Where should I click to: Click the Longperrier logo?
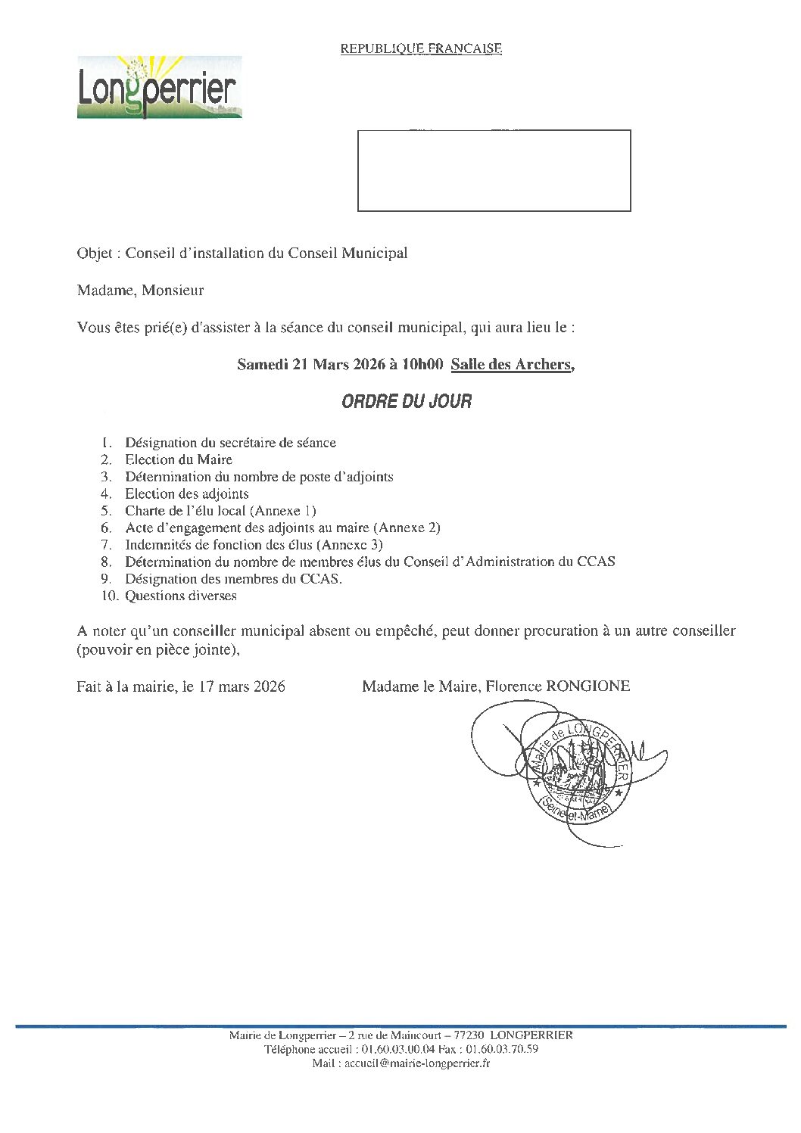click(x=159, y=87)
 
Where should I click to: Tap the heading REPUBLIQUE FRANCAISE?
click(x=421, y=48)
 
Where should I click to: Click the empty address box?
click(x=494, y=170)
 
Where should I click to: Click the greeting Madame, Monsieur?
click(x=140, y=290)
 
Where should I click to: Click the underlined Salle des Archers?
click(x=511, y=364)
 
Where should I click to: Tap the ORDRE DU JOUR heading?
click(x=407, y=402)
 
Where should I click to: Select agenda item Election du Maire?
click(x=179, y=459)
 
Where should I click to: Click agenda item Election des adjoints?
click(x=187, y=493)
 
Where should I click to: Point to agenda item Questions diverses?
click(x=181, y=596)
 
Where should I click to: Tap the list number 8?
click(x=106, y=562)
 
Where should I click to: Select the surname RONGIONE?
click(x=588, y=686)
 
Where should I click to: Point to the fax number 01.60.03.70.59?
click(x=502, y=1049)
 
